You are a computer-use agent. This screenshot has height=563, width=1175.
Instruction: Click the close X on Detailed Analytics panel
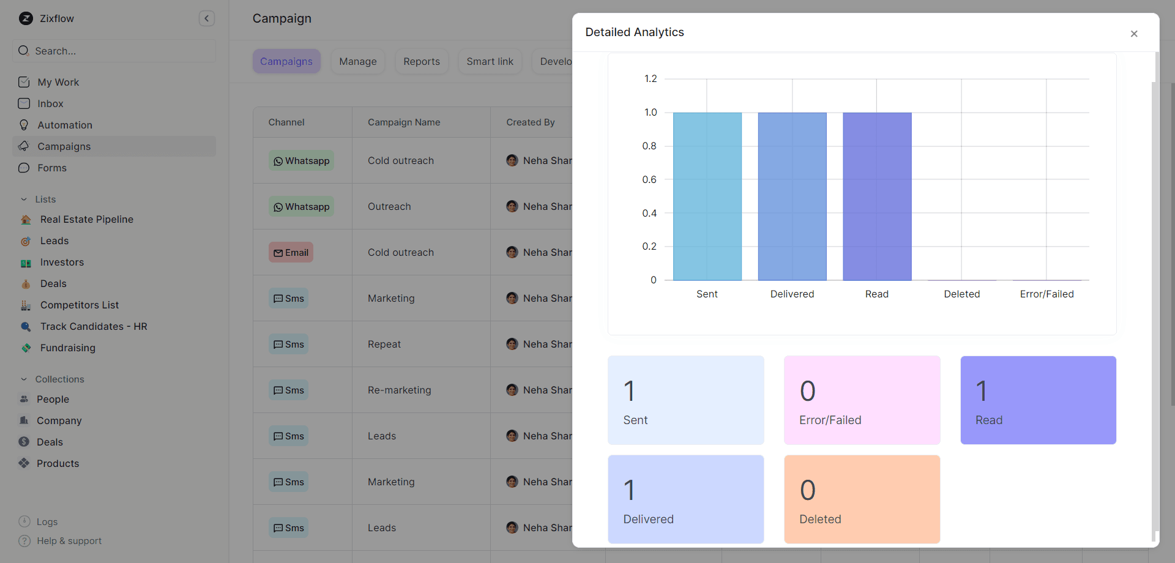pyautogui.click(x=1133, y=34)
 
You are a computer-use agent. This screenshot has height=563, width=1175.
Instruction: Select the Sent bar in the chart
pyautogui.click(x=707, y=196)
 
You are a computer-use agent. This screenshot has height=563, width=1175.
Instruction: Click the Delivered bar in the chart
pyautogui.click(x=792, y=196)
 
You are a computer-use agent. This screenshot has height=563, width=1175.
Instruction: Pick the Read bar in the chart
pyautogui.click(x=876, y=196)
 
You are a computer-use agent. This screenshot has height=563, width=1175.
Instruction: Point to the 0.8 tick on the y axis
pyautogui.click(x=649, y=146)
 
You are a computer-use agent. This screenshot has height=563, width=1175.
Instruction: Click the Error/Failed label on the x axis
pyautogui.click(x=1046, y=294)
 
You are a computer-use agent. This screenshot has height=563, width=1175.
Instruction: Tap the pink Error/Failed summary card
pyautogui.click(x=862, y=400)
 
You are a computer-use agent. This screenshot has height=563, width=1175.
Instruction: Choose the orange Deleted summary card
pyautogui.click(x=862, y=499)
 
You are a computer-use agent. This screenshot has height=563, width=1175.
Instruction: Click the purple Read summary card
pyautogui.click(x=1038, y=400)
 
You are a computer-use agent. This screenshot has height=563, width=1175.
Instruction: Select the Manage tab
pyautogui.click(x=358, y=61)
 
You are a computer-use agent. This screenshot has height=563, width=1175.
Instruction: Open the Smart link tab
pyautogui.click(x=490, y=61)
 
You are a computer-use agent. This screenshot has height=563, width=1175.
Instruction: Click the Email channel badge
pyautogui.click(x=291, y=252)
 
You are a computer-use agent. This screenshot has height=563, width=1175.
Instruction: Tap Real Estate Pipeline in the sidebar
pyautogui.click(x=87, y=219)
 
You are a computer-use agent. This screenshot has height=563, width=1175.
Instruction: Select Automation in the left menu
pyautogui.click(x=65, y=125)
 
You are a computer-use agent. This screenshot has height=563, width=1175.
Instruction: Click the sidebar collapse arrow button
pyautogui.click(x=207, y=18)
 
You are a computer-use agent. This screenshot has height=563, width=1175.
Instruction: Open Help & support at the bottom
pyautogui.click(x=69, y=541)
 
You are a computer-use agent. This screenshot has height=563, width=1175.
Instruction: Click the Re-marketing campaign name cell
pyautogui.click(x=399, y=390)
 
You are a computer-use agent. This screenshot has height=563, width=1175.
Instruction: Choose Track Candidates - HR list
pyautogui.click(x=94, y=326)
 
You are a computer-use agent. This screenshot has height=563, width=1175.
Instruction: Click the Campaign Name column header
pyautogui.click(x=404, y=122)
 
